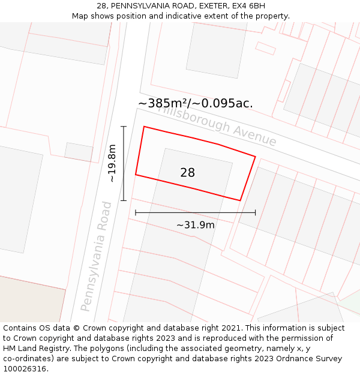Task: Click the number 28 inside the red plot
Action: [x=187, y=173]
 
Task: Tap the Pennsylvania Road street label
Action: [x=97, y=256]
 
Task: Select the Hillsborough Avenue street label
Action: [x=217, y=125]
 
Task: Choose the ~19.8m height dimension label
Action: [x=112, y=163]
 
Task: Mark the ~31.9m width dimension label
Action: [x=195, y=225]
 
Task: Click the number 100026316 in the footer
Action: [x=25, y=369]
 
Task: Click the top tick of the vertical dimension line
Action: [x=124, y=127]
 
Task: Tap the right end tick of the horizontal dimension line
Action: [x=256, y=212]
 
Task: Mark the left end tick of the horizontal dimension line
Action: [x=136, y=212]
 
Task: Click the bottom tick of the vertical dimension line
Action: [x=124, y=200]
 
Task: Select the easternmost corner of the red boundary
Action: [x=256, y=157]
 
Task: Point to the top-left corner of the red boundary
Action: [x=143, y=127]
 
